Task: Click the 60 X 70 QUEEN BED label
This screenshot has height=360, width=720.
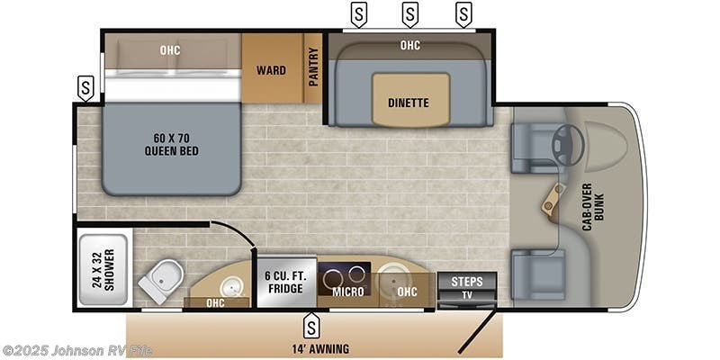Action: pos(170,144)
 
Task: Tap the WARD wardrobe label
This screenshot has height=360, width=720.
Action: pos(271,70)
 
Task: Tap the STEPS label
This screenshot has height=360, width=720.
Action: pos(466,281)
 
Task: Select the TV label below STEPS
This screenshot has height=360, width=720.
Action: pos(466,294)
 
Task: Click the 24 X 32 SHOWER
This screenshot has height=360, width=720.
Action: pos(103,269)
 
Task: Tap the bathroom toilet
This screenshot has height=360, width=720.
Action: pos(162,282)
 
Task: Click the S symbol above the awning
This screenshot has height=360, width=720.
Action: pos(312,321)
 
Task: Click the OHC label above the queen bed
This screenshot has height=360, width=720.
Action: pos(170,50)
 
